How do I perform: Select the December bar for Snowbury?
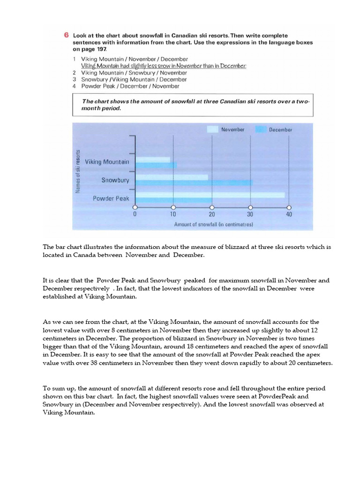[194, 182]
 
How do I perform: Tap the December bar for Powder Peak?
[173, 200]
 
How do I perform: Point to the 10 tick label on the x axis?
[173, 214]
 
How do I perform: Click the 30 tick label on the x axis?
[250, 214]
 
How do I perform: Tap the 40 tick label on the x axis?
[289, 214]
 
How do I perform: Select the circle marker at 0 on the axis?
[135, 207]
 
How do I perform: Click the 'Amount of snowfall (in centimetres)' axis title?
[213, 225]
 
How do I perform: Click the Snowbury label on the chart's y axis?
[115, 180]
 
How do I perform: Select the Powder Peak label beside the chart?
[111, 198]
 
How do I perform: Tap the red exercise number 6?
[66, 36]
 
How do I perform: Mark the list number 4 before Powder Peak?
[75, 86]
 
